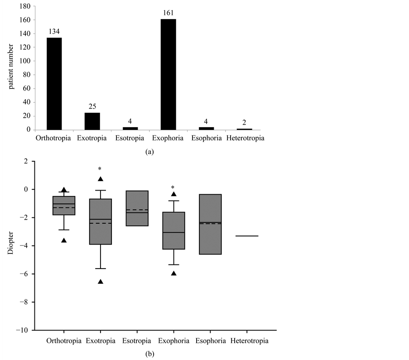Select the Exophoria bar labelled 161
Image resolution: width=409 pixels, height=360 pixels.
(x=173, y=75)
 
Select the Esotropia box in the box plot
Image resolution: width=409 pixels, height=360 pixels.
(x=136, y=208)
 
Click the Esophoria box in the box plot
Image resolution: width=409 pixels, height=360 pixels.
(x=210, y=224)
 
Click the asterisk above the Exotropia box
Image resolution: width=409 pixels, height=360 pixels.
(x=100, y=169)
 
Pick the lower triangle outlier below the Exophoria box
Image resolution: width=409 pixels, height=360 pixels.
(x=173, y=273)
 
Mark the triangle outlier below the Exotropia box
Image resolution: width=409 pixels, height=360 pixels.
(x=101, y=282)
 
